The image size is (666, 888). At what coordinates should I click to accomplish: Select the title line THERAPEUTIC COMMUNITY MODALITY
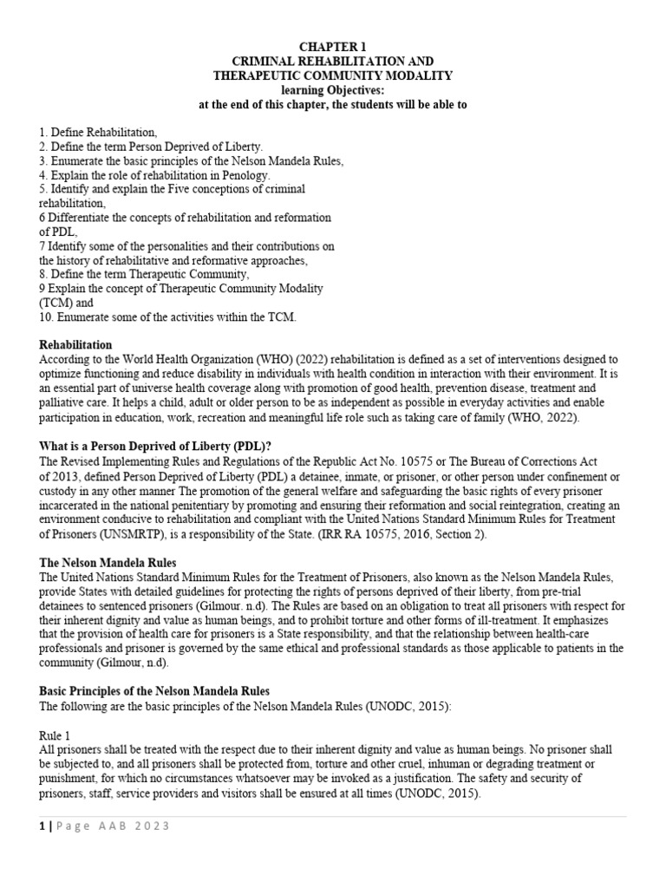pos(333,75)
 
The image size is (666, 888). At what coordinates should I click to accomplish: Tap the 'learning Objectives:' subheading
pos(333,90)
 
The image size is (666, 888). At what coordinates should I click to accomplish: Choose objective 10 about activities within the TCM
pos(167,317)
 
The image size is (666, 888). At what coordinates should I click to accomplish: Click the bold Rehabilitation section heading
pos(75,345)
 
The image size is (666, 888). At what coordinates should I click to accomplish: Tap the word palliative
pos(63,402)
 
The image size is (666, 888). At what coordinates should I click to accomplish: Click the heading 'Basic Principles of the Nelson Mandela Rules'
pos(154,691)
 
